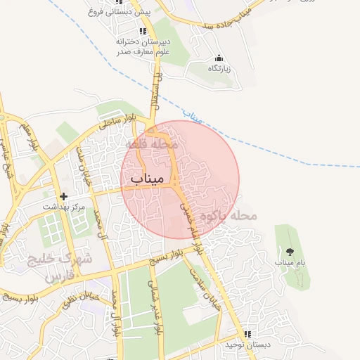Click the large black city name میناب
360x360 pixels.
(146, 179)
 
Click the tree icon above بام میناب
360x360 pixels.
(289, 251)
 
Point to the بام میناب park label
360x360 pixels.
(289, 262)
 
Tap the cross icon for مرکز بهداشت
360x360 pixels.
(64, 196)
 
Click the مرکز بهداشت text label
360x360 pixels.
(64, 207)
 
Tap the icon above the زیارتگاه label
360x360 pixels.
(219, 58)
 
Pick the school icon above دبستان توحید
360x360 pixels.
(247, 334)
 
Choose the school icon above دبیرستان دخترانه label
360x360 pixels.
(143, 31)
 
